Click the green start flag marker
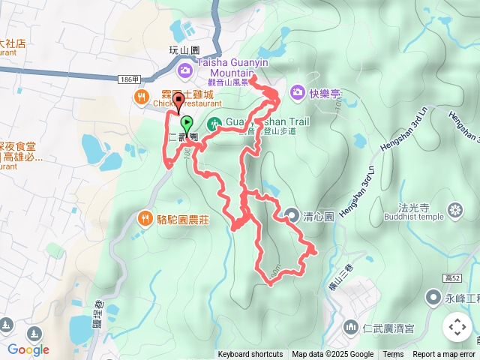click(x=185, y=124)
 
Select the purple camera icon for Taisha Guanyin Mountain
click(x=184, y=70)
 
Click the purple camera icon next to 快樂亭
click(x=298, y=92)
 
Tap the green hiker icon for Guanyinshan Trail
click(x=214, y=123)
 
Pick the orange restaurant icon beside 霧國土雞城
click(x=140, y=96)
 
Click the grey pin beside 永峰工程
click(x=433, y=298)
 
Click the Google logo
click(x=28, y=349)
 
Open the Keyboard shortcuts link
click(x=250, y=355)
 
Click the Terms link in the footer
click(x=393, y=355)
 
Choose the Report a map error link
click(x=444, y=355)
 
